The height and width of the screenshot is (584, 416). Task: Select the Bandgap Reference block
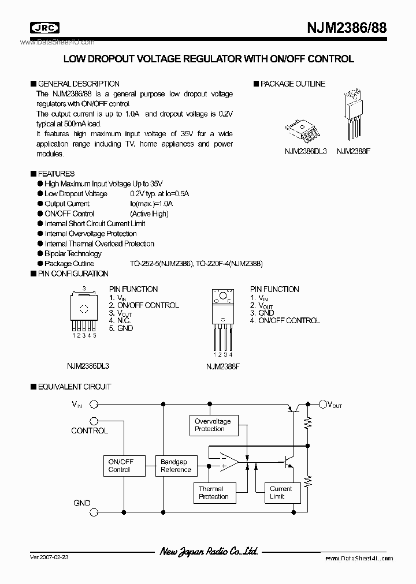(x=176, y=466)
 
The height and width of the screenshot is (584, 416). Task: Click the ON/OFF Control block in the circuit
(x=121, y=466)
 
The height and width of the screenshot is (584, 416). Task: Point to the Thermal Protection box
(x=214, y=493)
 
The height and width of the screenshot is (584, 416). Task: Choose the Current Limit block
(x=281, y=493)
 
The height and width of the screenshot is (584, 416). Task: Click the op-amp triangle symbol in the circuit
(x=229, y=463)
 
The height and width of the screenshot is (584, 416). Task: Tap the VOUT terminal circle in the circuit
(x=322, y=405)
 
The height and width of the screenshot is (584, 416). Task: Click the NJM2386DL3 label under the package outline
(x=306, y=151)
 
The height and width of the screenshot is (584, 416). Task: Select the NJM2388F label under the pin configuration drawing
(x=222, y=366)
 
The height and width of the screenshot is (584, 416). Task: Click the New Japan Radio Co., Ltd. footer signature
(x=209, y=552)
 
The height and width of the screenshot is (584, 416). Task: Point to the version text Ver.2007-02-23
(x=49, y=559)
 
